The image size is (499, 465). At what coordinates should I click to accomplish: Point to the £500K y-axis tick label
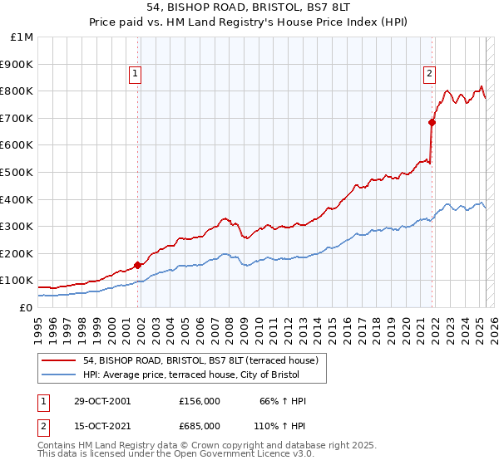pyautogui.click(x=17, y=172)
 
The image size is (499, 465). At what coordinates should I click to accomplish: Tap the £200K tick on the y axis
pyautogui.click(x=17, y=253)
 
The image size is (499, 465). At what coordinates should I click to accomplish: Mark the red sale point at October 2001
pyautogui.click(x=137, y=265)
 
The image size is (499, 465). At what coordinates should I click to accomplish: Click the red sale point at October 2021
pyautogui.click(x=432, y=122)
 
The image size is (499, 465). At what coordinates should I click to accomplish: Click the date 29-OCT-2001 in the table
pyautogui.click(x=101, y=401)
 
